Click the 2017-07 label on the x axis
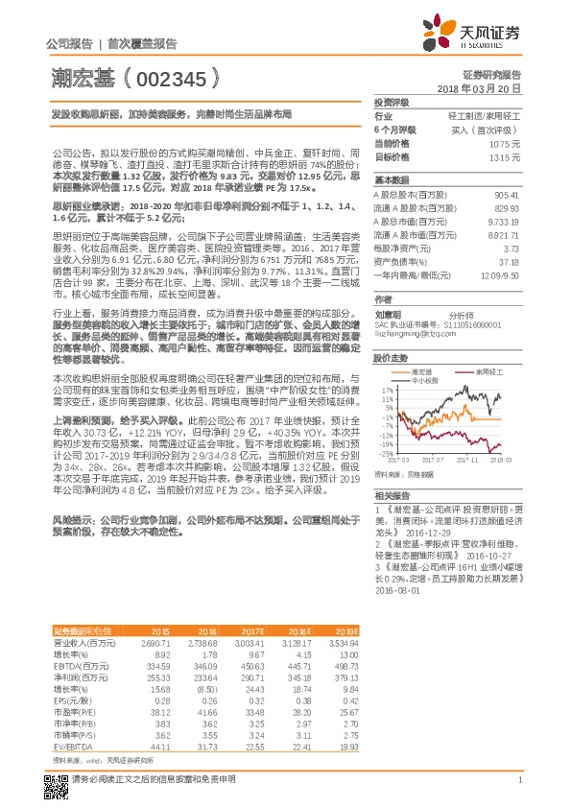[x=430, y=460]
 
